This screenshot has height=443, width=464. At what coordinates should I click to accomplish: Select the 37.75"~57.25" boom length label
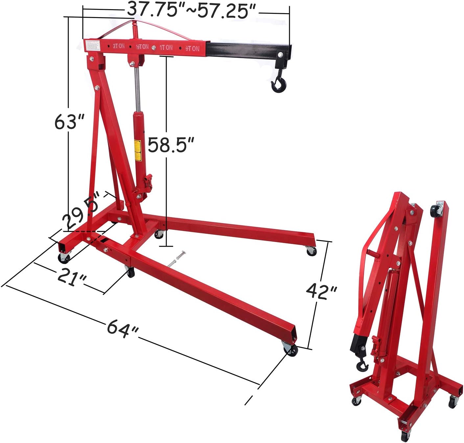pyautogui.click(x=192, y=11)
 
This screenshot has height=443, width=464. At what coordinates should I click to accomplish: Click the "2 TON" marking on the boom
pyautogui.click(x=119, y=46)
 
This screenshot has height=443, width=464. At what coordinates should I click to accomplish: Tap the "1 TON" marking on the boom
pyautogui.click(x=166, y=47)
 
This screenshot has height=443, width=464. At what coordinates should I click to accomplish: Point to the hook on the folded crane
pyautogui.click(x=362, y=364)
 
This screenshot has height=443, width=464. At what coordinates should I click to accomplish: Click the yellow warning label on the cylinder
pyautogui.click(x=137, y=150)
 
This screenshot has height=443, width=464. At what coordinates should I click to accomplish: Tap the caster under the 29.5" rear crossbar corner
pyautogui.click(x=64, y=257)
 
